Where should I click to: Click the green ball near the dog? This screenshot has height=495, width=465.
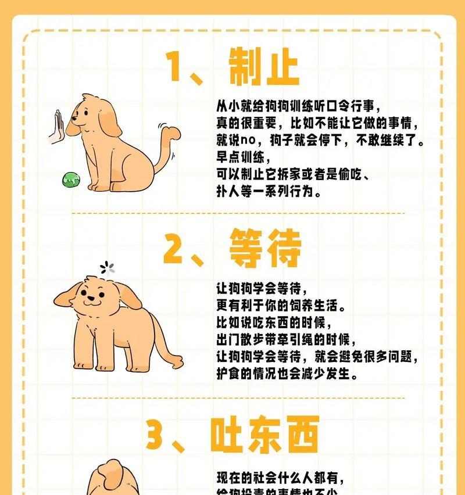click(x=70, y=181)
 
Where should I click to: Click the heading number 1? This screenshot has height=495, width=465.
click(x=178, y=68)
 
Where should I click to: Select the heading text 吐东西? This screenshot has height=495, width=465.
click(x=264, y=435)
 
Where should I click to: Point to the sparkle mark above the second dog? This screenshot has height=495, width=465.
click(x=107, y=267)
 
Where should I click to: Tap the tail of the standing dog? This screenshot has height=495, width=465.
click(x=169, y=343)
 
